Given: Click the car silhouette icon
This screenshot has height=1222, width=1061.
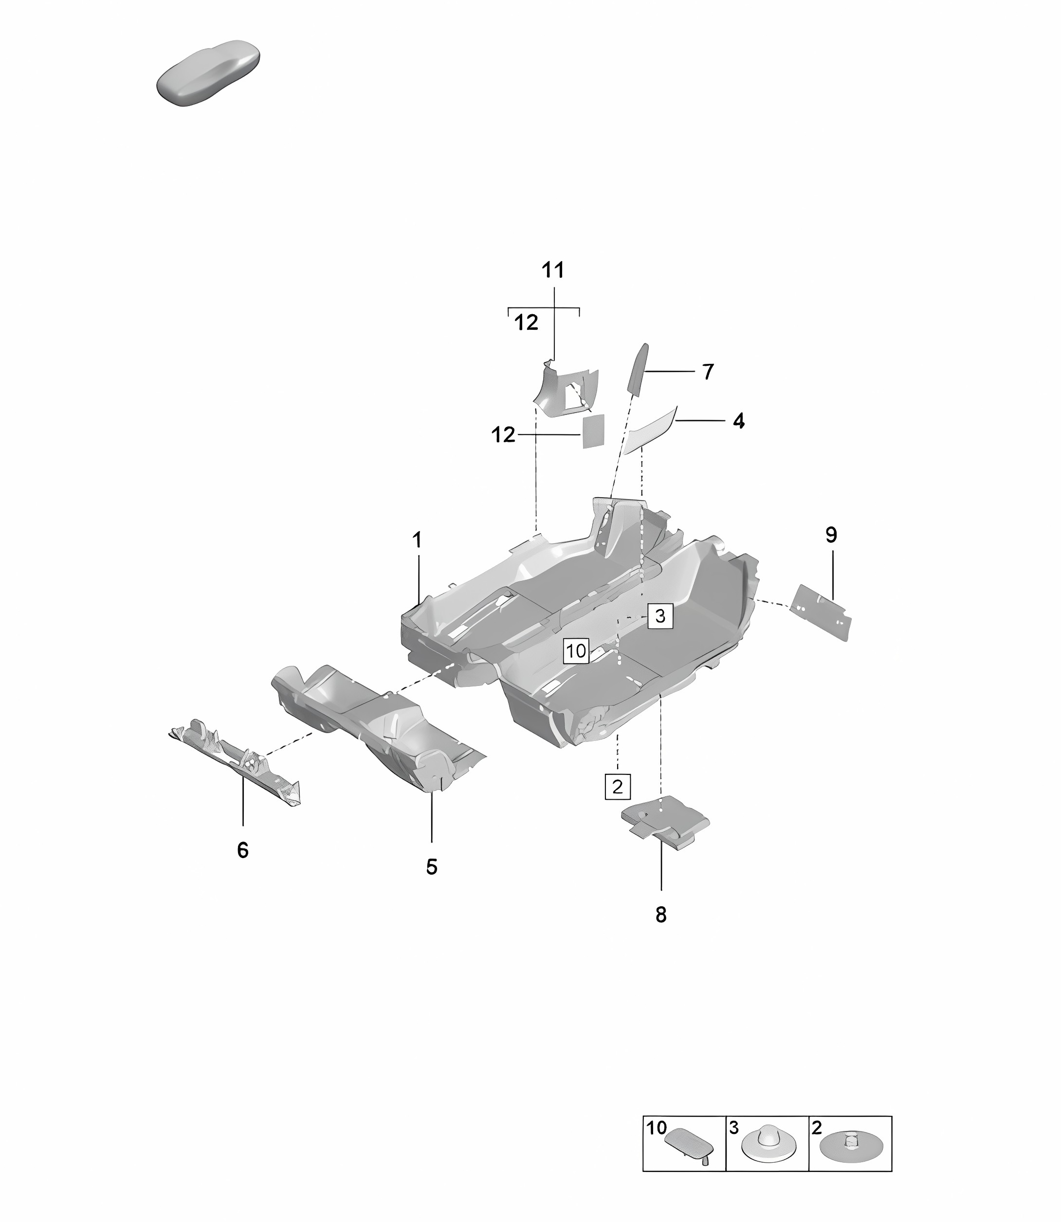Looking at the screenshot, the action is pos(208,73).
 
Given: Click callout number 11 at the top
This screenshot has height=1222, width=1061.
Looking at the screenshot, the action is pos(553,270).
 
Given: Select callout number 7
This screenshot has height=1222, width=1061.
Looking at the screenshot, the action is pos(708,372).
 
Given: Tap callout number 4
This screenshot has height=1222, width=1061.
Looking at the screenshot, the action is pos(738,421).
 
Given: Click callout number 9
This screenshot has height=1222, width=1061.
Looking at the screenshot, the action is pos(831,535).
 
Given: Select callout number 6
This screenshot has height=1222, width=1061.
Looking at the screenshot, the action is pos(243,850).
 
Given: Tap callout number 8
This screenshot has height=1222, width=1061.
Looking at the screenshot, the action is pos(661,915).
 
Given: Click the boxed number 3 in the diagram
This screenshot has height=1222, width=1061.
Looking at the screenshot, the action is pos(660,616).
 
